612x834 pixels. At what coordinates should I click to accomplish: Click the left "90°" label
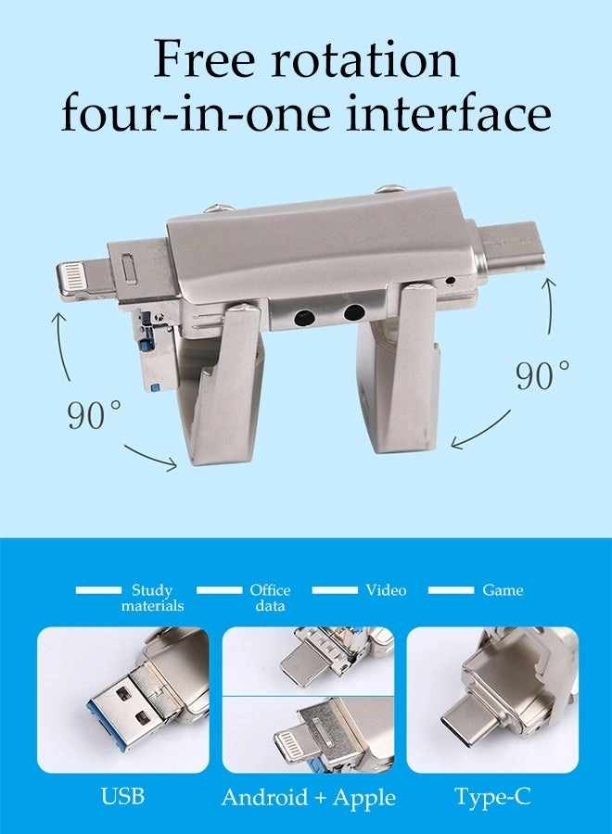coord(94,414)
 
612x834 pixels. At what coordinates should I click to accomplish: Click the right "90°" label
coord(542,375)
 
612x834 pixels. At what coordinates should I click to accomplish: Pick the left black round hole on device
coord(302,317)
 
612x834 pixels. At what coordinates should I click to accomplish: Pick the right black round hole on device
coord(353,312)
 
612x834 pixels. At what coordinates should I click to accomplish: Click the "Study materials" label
coord(152,598)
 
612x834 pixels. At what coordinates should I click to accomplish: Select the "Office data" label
coord(270,598)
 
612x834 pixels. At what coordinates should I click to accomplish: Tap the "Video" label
coord(386,590)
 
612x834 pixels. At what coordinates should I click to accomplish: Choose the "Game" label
coord(503,590)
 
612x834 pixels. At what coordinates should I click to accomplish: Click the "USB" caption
coord(123,797)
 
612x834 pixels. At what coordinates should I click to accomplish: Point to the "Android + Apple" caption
coord(308,797)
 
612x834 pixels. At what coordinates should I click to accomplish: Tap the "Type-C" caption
coord(492,797)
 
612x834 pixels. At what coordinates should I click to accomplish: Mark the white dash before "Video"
coord(335,590)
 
